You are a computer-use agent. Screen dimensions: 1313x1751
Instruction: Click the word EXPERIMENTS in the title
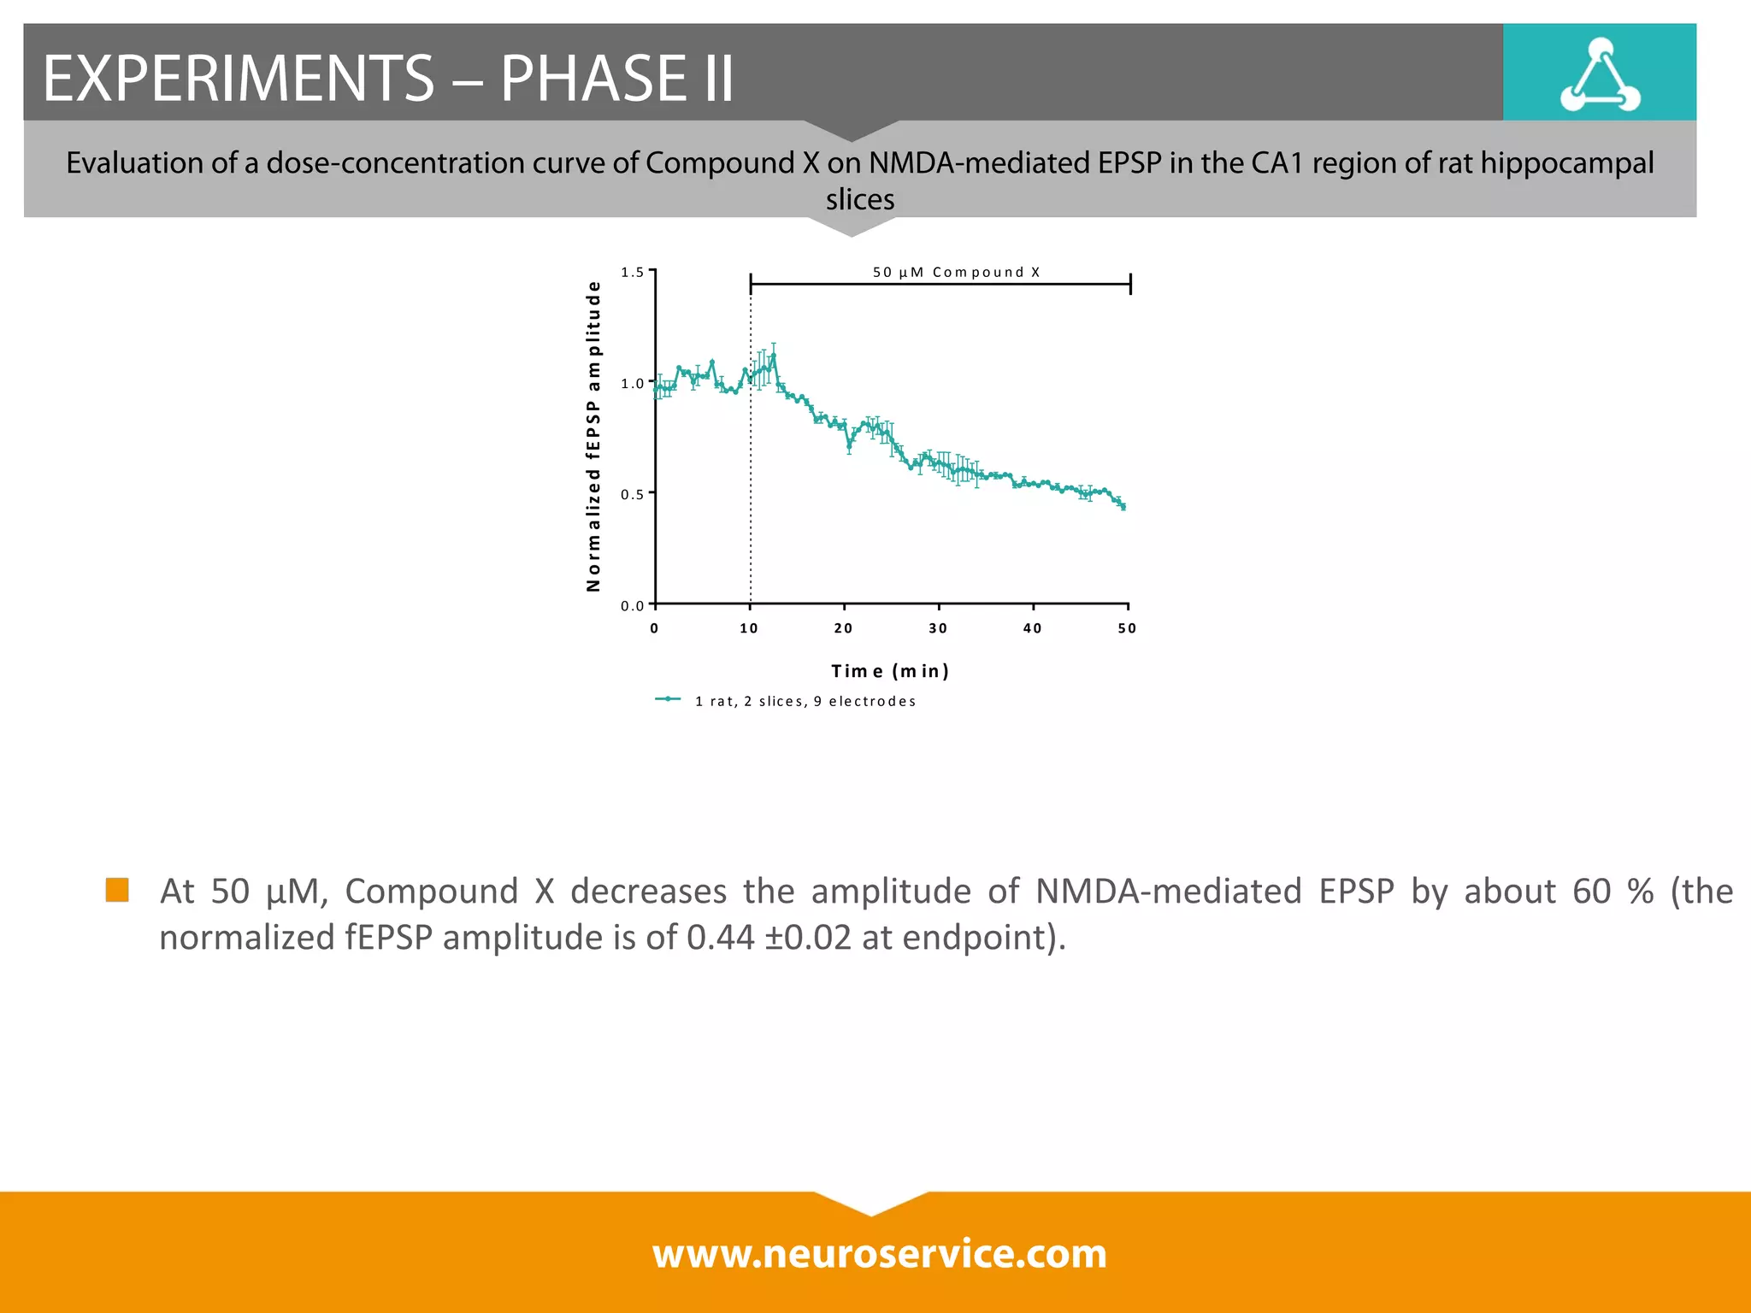239,79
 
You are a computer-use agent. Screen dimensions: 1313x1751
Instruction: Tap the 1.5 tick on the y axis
633,272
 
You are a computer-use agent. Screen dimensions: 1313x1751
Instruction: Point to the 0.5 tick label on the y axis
633,494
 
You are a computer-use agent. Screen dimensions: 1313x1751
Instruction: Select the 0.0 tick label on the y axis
633,606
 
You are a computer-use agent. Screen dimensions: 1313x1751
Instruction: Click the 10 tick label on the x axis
749,628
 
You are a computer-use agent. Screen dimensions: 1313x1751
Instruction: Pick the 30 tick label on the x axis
938,628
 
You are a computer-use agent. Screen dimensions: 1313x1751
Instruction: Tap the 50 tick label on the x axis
1127,628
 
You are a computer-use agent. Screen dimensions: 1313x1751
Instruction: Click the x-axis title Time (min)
890,671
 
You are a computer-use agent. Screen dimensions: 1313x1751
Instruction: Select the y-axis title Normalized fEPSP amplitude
593,437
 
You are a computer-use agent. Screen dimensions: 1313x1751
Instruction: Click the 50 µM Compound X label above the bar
956,272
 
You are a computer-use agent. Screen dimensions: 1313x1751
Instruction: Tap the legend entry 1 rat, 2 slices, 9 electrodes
805,701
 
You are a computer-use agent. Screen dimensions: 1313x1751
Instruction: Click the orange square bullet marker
117,890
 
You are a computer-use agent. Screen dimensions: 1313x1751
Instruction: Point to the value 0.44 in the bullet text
721,938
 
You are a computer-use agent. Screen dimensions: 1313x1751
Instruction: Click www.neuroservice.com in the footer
879,1254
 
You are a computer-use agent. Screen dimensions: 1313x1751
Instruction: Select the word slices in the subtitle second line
860,199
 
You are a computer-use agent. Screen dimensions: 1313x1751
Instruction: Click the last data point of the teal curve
1123,507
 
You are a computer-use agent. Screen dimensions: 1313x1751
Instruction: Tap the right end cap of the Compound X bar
1130,284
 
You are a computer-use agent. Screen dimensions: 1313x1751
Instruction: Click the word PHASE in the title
593,79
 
